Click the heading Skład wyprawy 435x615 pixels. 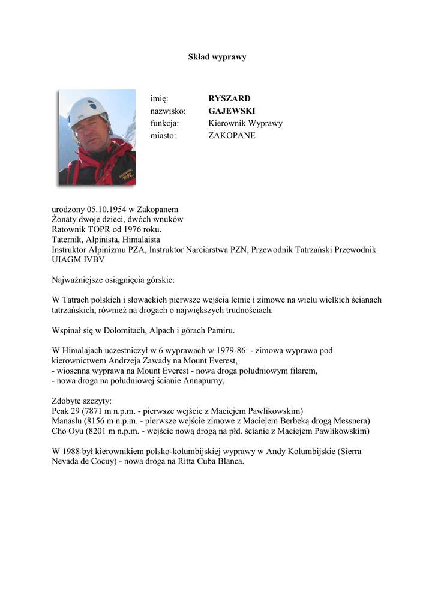click(217, 57)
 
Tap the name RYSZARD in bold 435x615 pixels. click(229, 98)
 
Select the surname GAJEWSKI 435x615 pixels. click(232, 111)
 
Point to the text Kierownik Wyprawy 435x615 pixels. click(245, 123)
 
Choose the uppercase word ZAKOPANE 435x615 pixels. click(232, 136)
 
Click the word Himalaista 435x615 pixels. click(140, 239)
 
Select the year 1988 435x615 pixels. click(74, 451)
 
